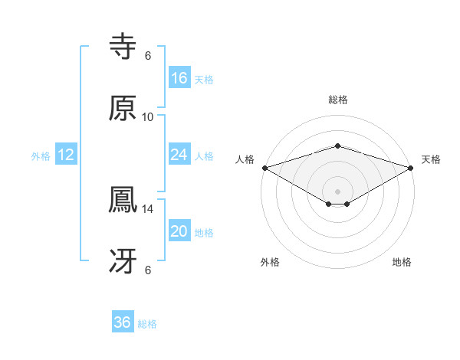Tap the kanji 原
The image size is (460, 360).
pyautogui.click(x=123, y=108)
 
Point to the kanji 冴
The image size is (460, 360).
pyautogui.click(x=123, y=261)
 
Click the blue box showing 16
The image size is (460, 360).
pyautogui.click(x=179, y=78)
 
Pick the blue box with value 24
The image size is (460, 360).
pyautogui.click(x=179, y=155)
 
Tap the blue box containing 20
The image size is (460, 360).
pyautogui.click(x=179, y=231)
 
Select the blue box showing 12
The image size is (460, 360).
pyautogui.click(x=66, y=155)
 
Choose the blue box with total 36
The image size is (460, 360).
pyautogui.click(x=123, y=322)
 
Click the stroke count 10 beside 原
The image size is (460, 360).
pyautogui.click(x=148, y=116)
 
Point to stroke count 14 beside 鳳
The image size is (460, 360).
pyautogui.click(x=148, y=208)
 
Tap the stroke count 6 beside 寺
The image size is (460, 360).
pyautogui.click(x=148, y=56)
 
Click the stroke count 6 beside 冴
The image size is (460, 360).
pyautogui.click(x=148, y=270)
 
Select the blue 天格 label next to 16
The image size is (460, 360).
pyautogui.click(x=204, y=79)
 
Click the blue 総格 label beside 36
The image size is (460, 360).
pyautogui.click(x=147, y=324)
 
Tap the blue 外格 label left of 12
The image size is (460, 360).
pyautogui.click(x=41, y=155)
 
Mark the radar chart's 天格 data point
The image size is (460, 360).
pyautogui.click(x=412, y=167)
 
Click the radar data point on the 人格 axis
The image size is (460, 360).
pyautogui.click(x=264, y=167)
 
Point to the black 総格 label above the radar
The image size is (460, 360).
pyautogui.click(x=338, y=100)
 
